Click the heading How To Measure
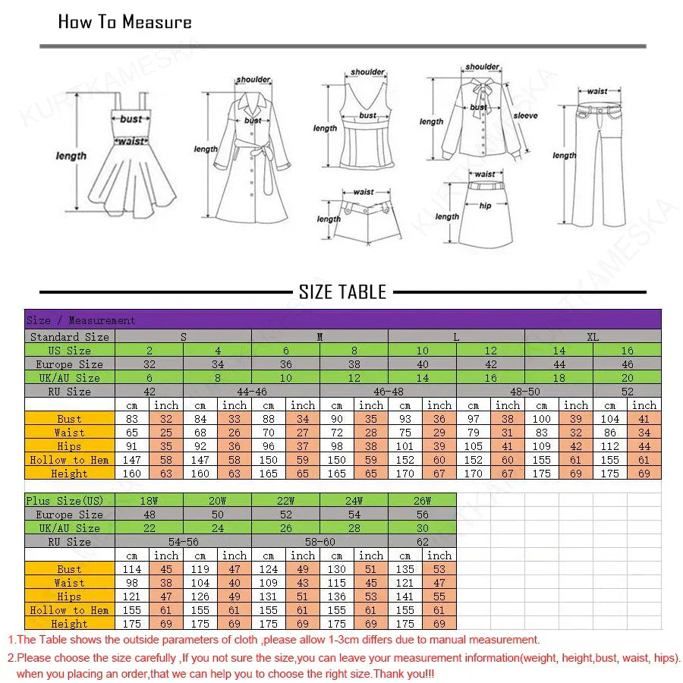tap(125, 22)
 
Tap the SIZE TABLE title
tap(342, 292)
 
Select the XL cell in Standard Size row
tap(593, 336)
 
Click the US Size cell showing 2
tap(149, 350)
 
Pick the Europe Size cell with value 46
tap(627, 364)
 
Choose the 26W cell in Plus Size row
tap(422, 500)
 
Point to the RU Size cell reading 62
tap(422, 542)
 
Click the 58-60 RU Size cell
tap(319, 542)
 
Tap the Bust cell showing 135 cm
tap(405, 569)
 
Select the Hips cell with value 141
tap(405, 596)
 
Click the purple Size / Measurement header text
tap(80, 320)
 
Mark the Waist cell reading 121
tap(405, 583)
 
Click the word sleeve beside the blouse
tap(525, 116)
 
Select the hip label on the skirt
tap(485, 206)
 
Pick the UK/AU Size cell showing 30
tap(422, 528)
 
